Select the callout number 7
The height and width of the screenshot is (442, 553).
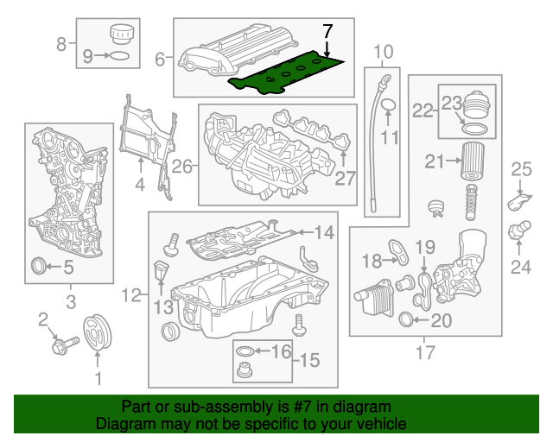coord(327,31)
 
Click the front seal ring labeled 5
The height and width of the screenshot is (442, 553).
coord(40,267)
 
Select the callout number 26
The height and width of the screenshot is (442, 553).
coord(180,166)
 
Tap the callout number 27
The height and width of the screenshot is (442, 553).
coord(346,179)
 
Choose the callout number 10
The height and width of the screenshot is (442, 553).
coord(383,51)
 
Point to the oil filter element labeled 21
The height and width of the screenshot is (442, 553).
coord(472,161)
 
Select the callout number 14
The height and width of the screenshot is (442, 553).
coord(323,231)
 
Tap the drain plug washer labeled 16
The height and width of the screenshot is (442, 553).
coord(245,352)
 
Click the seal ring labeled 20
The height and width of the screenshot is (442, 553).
coord(410,322)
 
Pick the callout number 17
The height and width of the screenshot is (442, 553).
coord(424,351)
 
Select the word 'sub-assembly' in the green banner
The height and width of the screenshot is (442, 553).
coord(213,407)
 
